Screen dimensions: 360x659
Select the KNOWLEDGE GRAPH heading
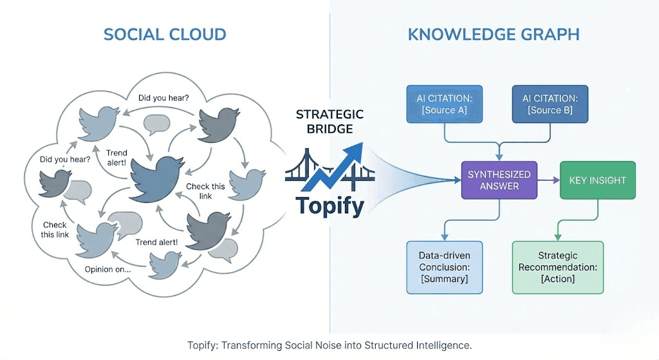coord(494,34)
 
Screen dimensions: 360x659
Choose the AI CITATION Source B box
coord(550,104)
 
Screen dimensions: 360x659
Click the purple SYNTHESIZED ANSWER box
coord(499,180)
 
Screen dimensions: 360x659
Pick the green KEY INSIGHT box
coord(597,180)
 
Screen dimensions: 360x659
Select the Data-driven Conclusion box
coord(445,267)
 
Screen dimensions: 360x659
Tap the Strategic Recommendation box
coord(557,267)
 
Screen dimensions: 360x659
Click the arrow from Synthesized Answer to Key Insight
coord(547,181)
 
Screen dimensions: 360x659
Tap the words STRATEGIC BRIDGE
coord(329,121)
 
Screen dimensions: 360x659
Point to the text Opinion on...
coord(107,269)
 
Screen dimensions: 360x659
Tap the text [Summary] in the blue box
coord(445,279)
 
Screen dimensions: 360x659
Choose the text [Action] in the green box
coord(557,279)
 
